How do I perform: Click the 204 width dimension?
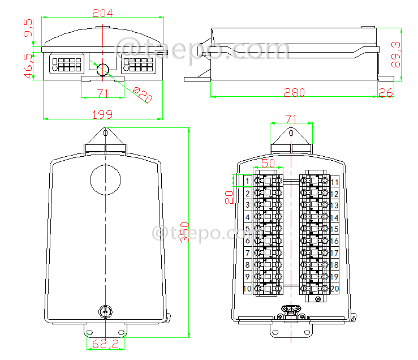coord(102,12)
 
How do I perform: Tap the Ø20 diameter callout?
coord(143,95)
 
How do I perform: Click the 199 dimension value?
coord(102,114)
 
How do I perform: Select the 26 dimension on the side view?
coord(386,92)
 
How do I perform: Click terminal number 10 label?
coord(247,289)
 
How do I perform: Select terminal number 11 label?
coord(334,182)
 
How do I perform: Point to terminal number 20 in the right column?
coord(334,289)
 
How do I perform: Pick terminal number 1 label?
coord(247,182)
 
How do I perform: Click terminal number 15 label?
coord(334,229)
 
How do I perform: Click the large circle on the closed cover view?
coord(106,180)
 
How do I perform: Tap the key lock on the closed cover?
coord(105,311)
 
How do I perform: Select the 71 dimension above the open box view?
coord(291,119)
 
